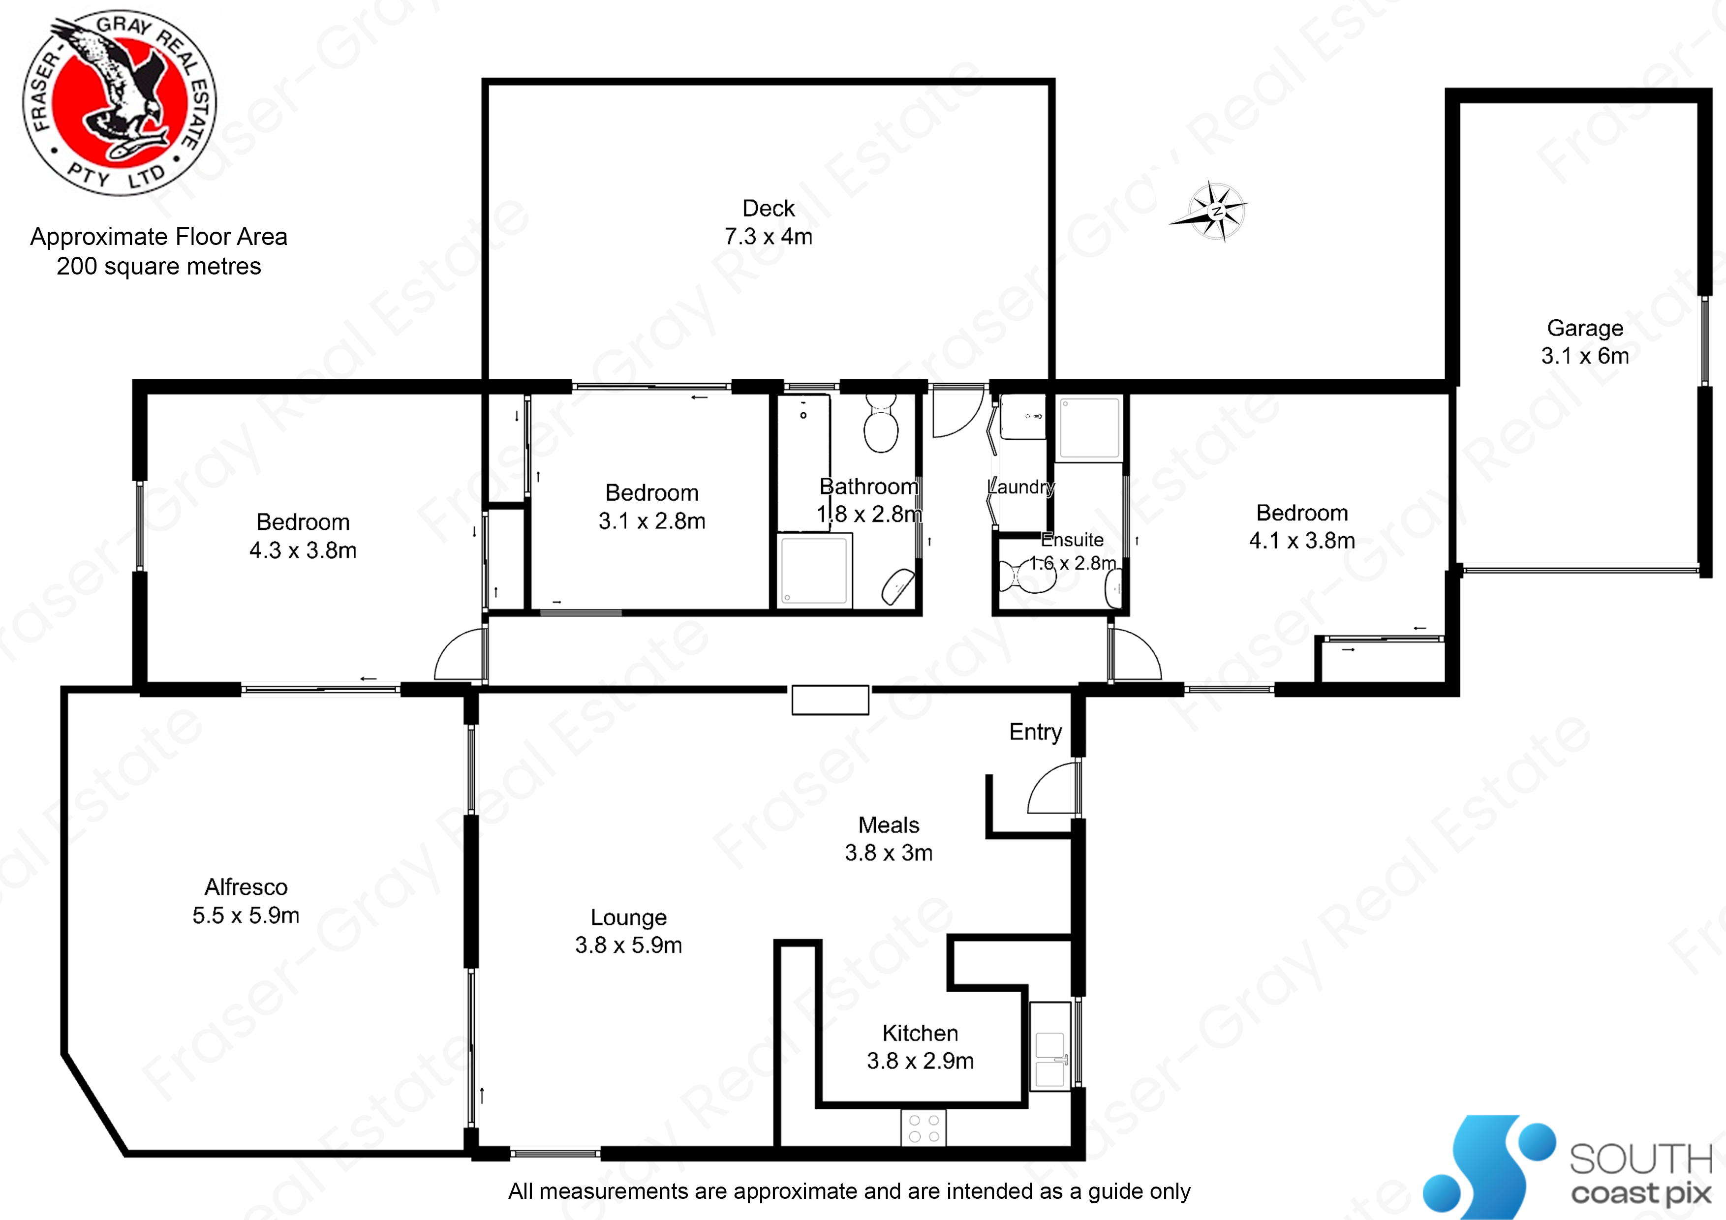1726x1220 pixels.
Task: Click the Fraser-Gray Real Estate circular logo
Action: tap(120, 103)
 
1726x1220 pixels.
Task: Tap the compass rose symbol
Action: tap(1214, 212)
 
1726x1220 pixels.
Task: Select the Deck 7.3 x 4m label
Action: tap(768, 222)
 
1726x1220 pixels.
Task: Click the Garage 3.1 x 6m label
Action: tap(1585, 342)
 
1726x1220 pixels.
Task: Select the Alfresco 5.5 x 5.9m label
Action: tap(246, 901)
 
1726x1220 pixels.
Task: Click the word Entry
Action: tap(1035, 732)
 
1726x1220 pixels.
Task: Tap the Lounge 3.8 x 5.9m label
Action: tap(628, 931)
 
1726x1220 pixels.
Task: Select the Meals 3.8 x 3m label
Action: tap(889, 839)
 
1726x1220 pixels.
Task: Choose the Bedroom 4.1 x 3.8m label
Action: tap(1302, 526)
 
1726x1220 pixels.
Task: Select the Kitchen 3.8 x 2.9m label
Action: tap(920, 1046)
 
